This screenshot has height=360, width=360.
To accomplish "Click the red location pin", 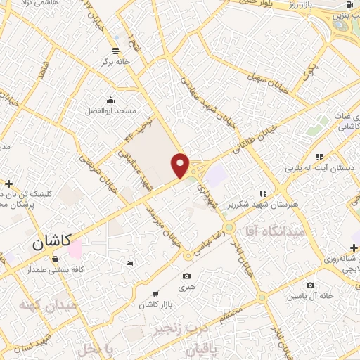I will (x=181, y=165).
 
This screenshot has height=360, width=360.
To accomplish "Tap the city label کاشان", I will (x=51, y=243).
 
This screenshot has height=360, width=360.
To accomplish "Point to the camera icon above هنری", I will (x=186, y=276).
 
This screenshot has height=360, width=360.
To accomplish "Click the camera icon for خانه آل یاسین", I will (x=310, y=285).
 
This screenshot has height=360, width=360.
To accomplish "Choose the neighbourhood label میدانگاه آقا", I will (x=275, y=231).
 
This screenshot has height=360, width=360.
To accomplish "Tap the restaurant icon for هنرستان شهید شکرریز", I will (x=264, y=193).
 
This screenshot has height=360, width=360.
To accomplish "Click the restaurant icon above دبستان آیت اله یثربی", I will (x=319, y=157).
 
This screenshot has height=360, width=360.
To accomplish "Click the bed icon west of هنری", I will (x=129, y=263).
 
